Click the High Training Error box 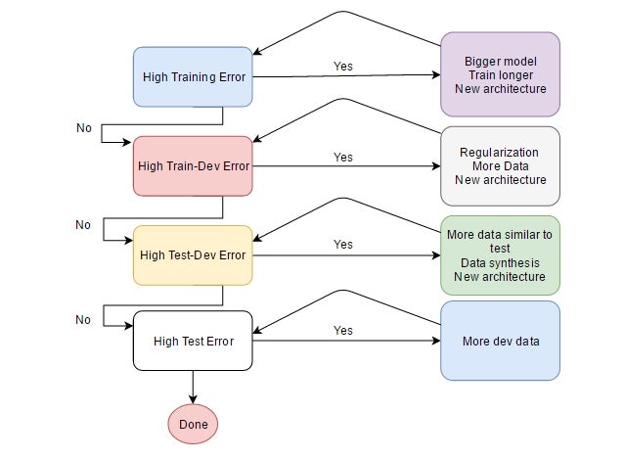pyautogui.click(x=193, y=76)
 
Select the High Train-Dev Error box pyautogui.click(x=193, y=165)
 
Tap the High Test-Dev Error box pyautogui.click(x=193, y=255)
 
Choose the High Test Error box pyautogui.click(x=193, y=342)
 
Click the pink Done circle pyautogui.click(x=193, y=425)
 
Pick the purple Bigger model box pyautogui.click(x=500, y=74)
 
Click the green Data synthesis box pyautogui.click(x=500, y=255)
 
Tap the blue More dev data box pyautogui.click(x=500, y=341)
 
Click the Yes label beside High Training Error pyautogui.click(x=343, y=67)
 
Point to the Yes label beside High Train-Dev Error pyautogui.click(x=343, y=157)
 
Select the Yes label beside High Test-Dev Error pyautogui.click(x=343, y=245)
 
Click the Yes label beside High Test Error pyautogui.click(x=343, y=331)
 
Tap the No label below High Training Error pyautogui.click(x=83, y=128)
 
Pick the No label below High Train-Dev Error pyautogui.click(x=83, y=225)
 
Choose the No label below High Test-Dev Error pyautogui.click(x=83, y=320)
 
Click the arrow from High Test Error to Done pyautogui.click(x=193, y=386)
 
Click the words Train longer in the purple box pyautogui.click(x=500, y=74)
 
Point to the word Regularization pyautogui.click(x=500, y=152)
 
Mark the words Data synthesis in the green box pyautogui.click(x=500, y=262)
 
